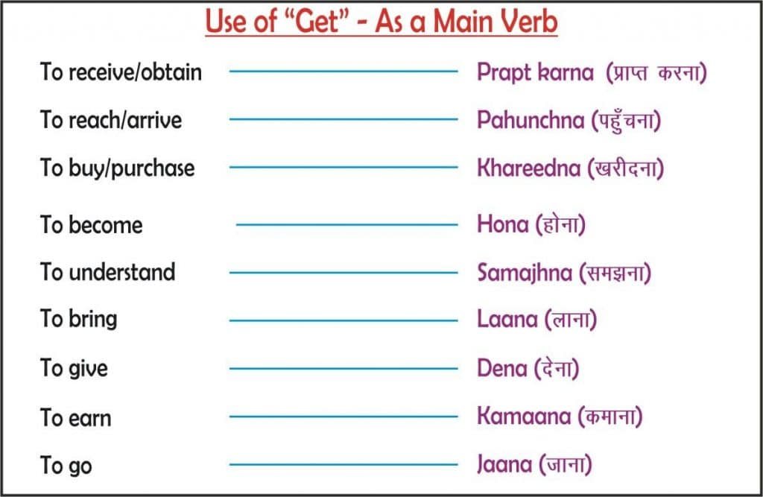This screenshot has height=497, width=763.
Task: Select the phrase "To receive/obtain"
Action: point(121,72)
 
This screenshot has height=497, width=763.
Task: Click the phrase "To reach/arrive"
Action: point(111,120)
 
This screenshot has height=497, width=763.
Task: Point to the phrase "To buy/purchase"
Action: point(117,168)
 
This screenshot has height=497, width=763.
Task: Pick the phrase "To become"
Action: point(91,225)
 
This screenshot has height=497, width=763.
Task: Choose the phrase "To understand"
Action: point(107,272)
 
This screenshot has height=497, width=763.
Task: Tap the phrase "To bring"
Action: point(78,320)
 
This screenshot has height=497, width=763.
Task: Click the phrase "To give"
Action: point(74,368)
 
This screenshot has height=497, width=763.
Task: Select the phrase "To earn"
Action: point(75,417)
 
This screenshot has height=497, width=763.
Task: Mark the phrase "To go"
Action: point(66,466)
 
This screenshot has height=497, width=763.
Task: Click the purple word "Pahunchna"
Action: point(531,120)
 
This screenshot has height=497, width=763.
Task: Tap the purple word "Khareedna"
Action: point(528,168)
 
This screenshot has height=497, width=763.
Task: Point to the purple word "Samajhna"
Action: point(525,273)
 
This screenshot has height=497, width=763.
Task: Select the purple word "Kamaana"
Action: point(523,417)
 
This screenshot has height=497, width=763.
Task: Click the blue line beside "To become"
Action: point(346,224)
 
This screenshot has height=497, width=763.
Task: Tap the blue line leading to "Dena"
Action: point(343,368)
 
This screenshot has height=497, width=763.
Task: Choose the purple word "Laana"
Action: point(507,320)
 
